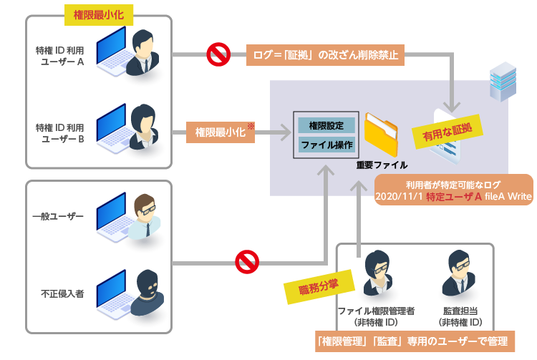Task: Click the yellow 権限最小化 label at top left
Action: (x=98, y=14)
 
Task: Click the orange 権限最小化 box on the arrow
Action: (x=221, y=132)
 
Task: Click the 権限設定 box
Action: (x=326, y=125)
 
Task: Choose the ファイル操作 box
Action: (x=326, y=145)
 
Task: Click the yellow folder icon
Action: (x=380, y=134)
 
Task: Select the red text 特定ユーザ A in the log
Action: (x=453, y=197)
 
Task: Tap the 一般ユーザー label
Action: (x=58, y=215)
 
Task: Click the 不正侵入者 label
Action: (x=58, y=293)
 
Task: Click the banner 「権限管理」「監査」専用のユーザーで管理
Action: (x=415, y=341)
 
